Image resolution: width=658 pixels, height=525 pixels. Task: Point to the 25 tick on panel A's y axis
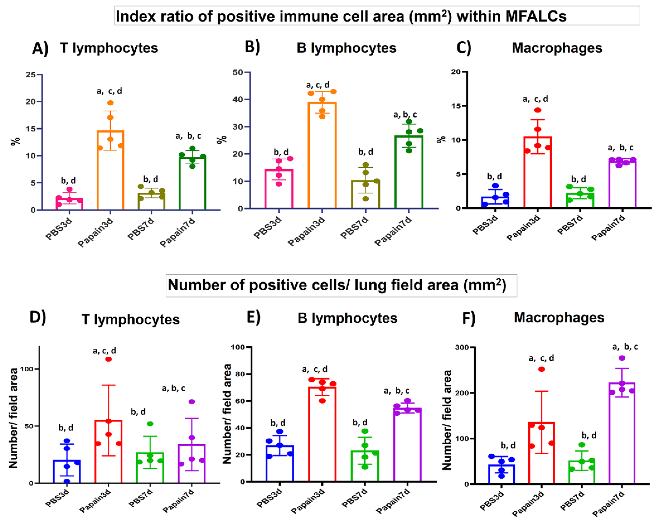[x=31, y=75]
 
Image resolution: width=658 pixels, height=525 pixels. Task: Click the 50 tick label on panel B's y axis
[x=238, y=72]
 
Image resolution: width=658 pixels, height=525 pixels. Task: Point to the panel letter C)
[x=463, y=48]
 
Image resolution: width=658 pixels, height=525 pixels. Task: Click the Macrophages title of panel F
[x=559, y=318]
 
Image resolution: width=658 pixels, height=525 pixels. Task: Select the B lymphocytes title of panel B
[x=346, y=48]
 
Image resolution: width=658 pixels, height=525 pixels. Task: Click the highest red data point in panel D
[x=108, y=359]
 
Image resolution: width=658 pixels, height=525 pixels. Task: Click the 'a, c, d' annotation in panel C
[x=535, y=99]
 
